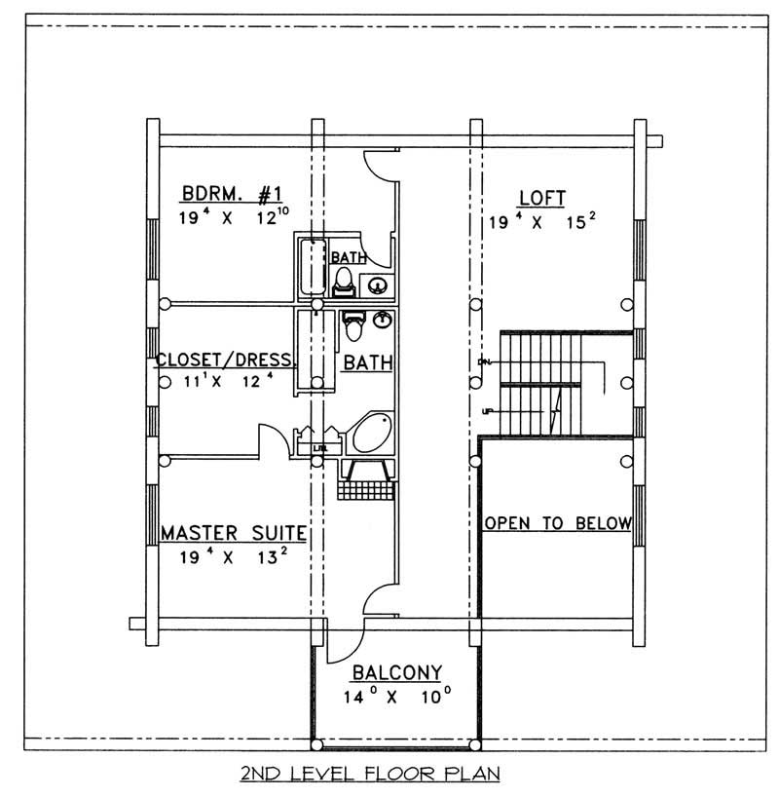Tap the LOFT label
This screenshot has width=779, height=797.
(x=542, y=198)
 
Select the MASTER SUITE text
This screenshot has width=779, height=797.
(x=234, y=533)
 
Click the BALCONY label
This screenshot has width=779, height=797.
(x=397, y=672)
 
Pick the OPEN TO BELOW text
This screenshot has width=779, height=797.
(x=558, y=523)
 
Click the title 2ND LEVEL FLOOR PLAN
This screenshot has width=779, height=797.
(x=370, y=775)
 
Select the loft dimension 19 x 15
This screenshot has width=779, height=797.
(x=542, y=221)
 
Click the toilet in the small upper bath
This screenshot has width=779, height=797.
(x=343, y=282)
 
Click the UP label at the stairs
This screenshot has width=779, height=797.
(x=485, y=411)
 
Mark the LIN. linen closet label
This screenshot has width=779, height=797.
(x=319, y=448)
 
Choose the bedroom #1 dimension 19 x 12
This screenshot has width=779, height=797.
(x=232, y=218)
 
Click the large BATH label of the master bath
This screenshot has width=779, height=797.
(x=367, y=362)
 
